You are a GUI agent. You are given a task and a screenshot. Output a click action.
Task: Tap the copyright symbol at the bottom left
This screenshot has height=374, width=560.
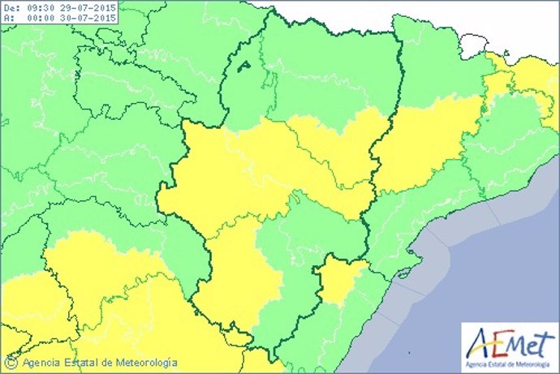12,363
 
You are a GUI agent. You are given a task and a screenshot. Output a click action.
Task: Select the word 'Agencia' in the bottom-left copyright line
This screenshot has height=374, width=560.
40,363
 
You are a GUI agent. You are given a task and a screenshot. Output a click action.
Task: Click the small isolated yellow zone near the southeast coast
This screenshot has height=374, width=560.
340,280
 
